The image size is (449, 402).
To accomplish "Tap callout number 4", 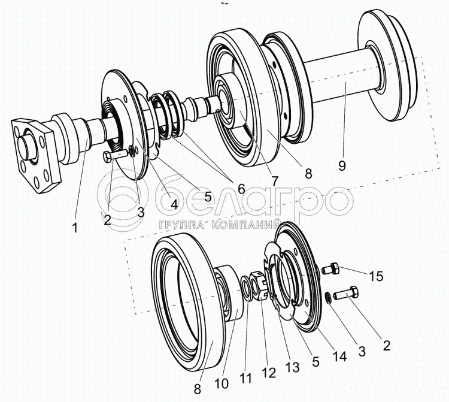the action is tap(174, 204).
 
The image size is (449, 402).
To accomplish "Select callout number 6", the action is tap(241, 188).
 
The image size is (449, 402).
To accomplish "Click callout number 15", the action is tap(375, 277).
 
